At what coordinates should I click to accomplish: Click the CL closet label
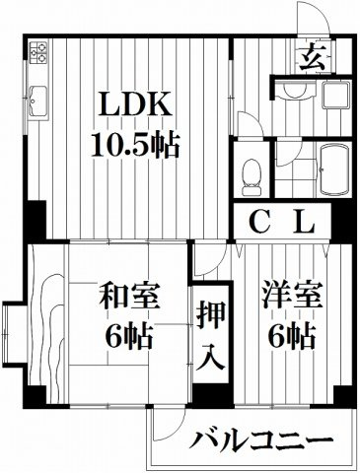coord(281,223)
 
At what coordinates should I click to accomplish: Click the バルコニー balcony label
coord(258,439)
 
